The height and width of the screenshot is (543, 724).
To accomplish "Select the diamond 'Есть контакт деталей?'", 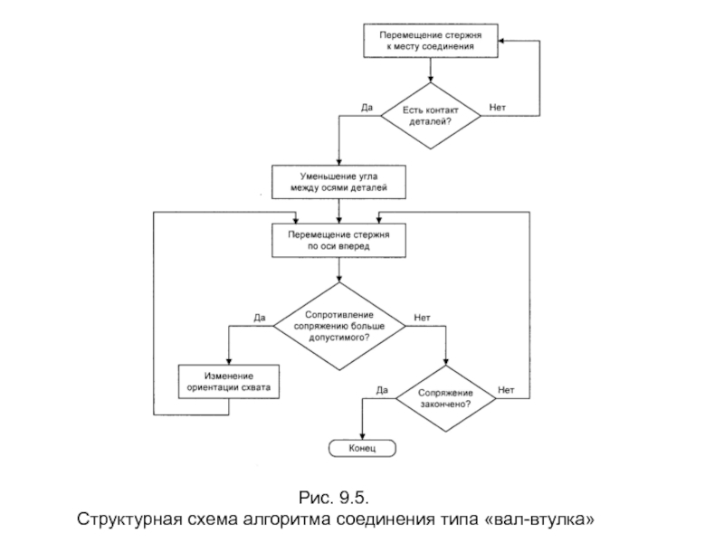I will (x=430, y=116).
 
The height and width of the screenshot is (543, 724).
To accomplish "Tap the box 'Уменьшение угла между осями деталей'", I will (x=338, y=181).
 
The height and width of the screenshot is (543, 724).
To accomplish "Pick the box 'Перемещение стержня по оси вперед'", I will (x=338, y=239).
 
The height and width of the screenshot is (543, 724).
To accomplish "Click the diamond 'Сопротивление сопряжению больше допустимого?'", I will (x=338, y=324).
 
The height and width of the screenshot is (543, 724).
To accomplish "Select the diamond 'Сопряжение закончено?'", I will (x=446, y=398).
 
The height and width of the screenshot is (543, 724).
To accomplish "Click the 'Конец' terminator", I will (x=362, y=449).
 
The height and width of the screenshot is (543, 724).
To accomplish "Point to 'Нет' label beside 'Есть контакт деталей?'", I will (x=498, y=108).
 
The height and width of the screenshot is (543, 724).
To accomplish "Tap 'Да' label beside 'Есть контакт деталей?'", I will (x=367, y=108).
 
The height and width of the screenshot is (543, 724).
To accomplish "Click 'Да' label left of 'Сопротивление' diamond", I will (x=259, y=318).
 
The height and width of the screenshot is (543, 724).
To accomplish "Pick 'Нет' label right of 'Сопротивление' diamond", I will (x=422, y=318).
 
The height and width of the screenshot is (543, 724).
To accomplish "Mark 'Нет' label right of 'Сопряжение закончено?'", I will (x=506, y=390).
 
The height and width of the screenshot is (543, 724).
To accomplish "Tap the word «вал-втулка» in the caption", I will (x=547, y=521).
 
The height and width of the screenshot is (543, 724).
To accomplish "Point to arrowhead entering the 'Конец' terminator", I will (x=362, y=438).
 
